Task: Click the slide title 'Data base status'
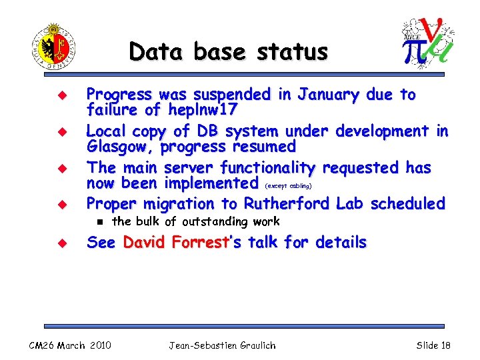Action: pos(229,51)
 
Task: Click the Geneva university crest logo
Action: pos(54,46)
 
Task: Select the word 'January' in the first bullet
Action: pos(320,95)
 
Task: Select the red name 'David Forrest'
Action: pos(175,243)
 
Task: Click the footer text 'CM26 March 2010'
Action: pos(70,345)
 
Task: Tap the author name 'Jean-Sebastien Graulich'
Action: pos(222,345)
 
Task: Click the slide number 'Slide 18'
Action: pos(433,345)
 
